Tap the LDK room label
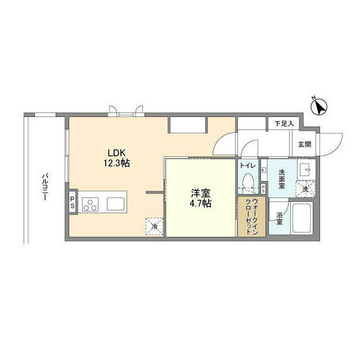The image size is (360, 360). tap(116, 153)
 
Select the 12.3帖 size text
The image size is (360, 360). tap(116, 163)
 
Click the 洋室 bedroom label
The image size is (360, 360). tap(201, 193)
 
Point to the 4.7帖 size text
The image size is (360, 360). tap(200, 204)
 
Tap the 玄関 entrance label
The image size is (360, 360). tap(305, 145)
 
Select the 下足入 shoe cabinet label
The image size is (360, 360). tap(284, 124)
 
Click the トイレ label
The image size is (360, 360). tap(248, 165)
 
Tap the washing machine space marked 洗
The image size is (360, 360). tap(305, 189)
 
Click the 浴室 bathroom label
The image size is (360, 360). tap(280, 219)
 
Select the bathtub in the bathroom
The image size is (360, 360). tap(302, 218)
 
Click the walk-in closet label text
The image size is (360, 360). tap(251, 217)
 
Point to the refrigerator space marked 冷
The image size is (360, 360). tap(155, 227)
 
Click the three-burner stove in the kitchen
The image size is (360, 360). tap(90, 205)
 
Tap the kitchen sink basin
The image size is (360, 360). tap(115, 204)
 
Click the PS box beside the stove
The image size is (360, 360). tap(73, 202)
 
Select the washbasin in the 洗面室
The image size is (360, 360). tap(307, 170)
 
